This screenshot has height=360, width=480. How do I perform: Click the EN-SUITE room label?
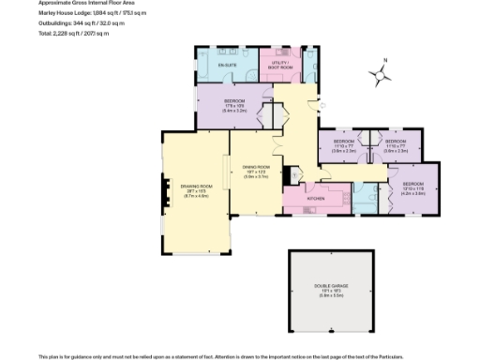click(226, 66)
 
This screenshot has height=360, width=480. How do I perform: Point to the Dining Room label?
click(256, 172)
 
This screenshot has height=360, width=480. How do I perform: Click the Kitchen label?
click(316, 199)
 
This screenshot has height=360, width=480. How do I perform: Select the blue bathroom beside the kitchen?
click(364, 197)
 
